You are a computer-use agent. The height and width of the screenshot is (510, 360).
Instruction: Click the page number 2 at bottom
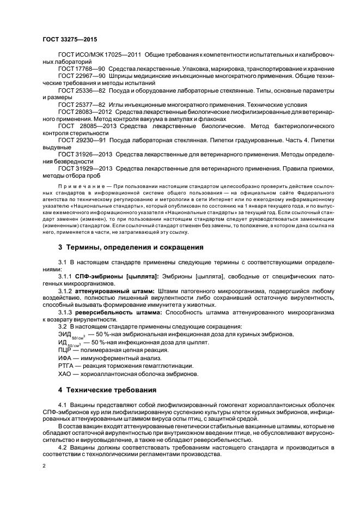click(x=45, y=466)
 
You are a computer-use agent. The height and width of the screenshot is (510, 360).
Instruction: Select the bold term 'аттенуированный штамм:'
click(x=115, y=292)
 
